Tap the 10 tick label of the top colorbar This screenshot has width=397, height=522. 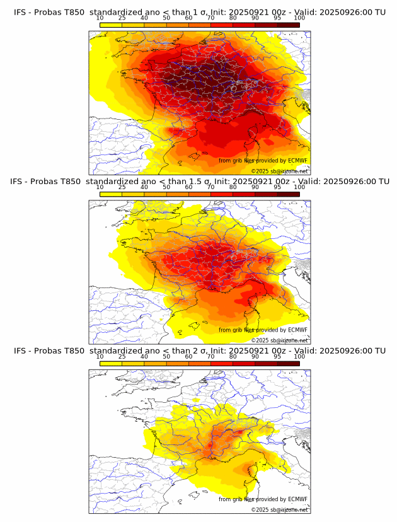[x=100, y=19]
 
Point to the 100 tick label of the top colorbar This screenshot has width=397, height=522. [x=299, y=19]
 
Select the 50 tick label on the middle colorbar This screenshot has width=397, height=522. [x=166, y=188]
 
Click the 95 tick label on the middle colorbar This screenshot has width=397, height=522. [x=277, y=188]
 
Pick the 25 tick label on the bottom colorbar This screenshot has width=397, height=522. [x=122, y=357]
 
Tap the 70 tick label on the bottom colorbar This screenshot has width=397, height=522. [x=210, y=357]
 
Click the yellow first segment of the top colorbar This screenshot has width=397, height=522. [x=111, y=25]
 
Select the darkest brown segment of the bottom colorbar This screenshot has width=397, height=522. [x=288, y=363]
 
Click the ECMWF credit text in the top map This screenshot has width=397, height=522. [x=263, y=161]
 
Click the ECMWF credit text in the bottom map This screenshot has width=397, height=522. [x=263, y=499]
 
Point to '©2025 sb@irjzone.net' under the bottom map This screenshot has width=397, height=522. [x=279, y=509]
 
